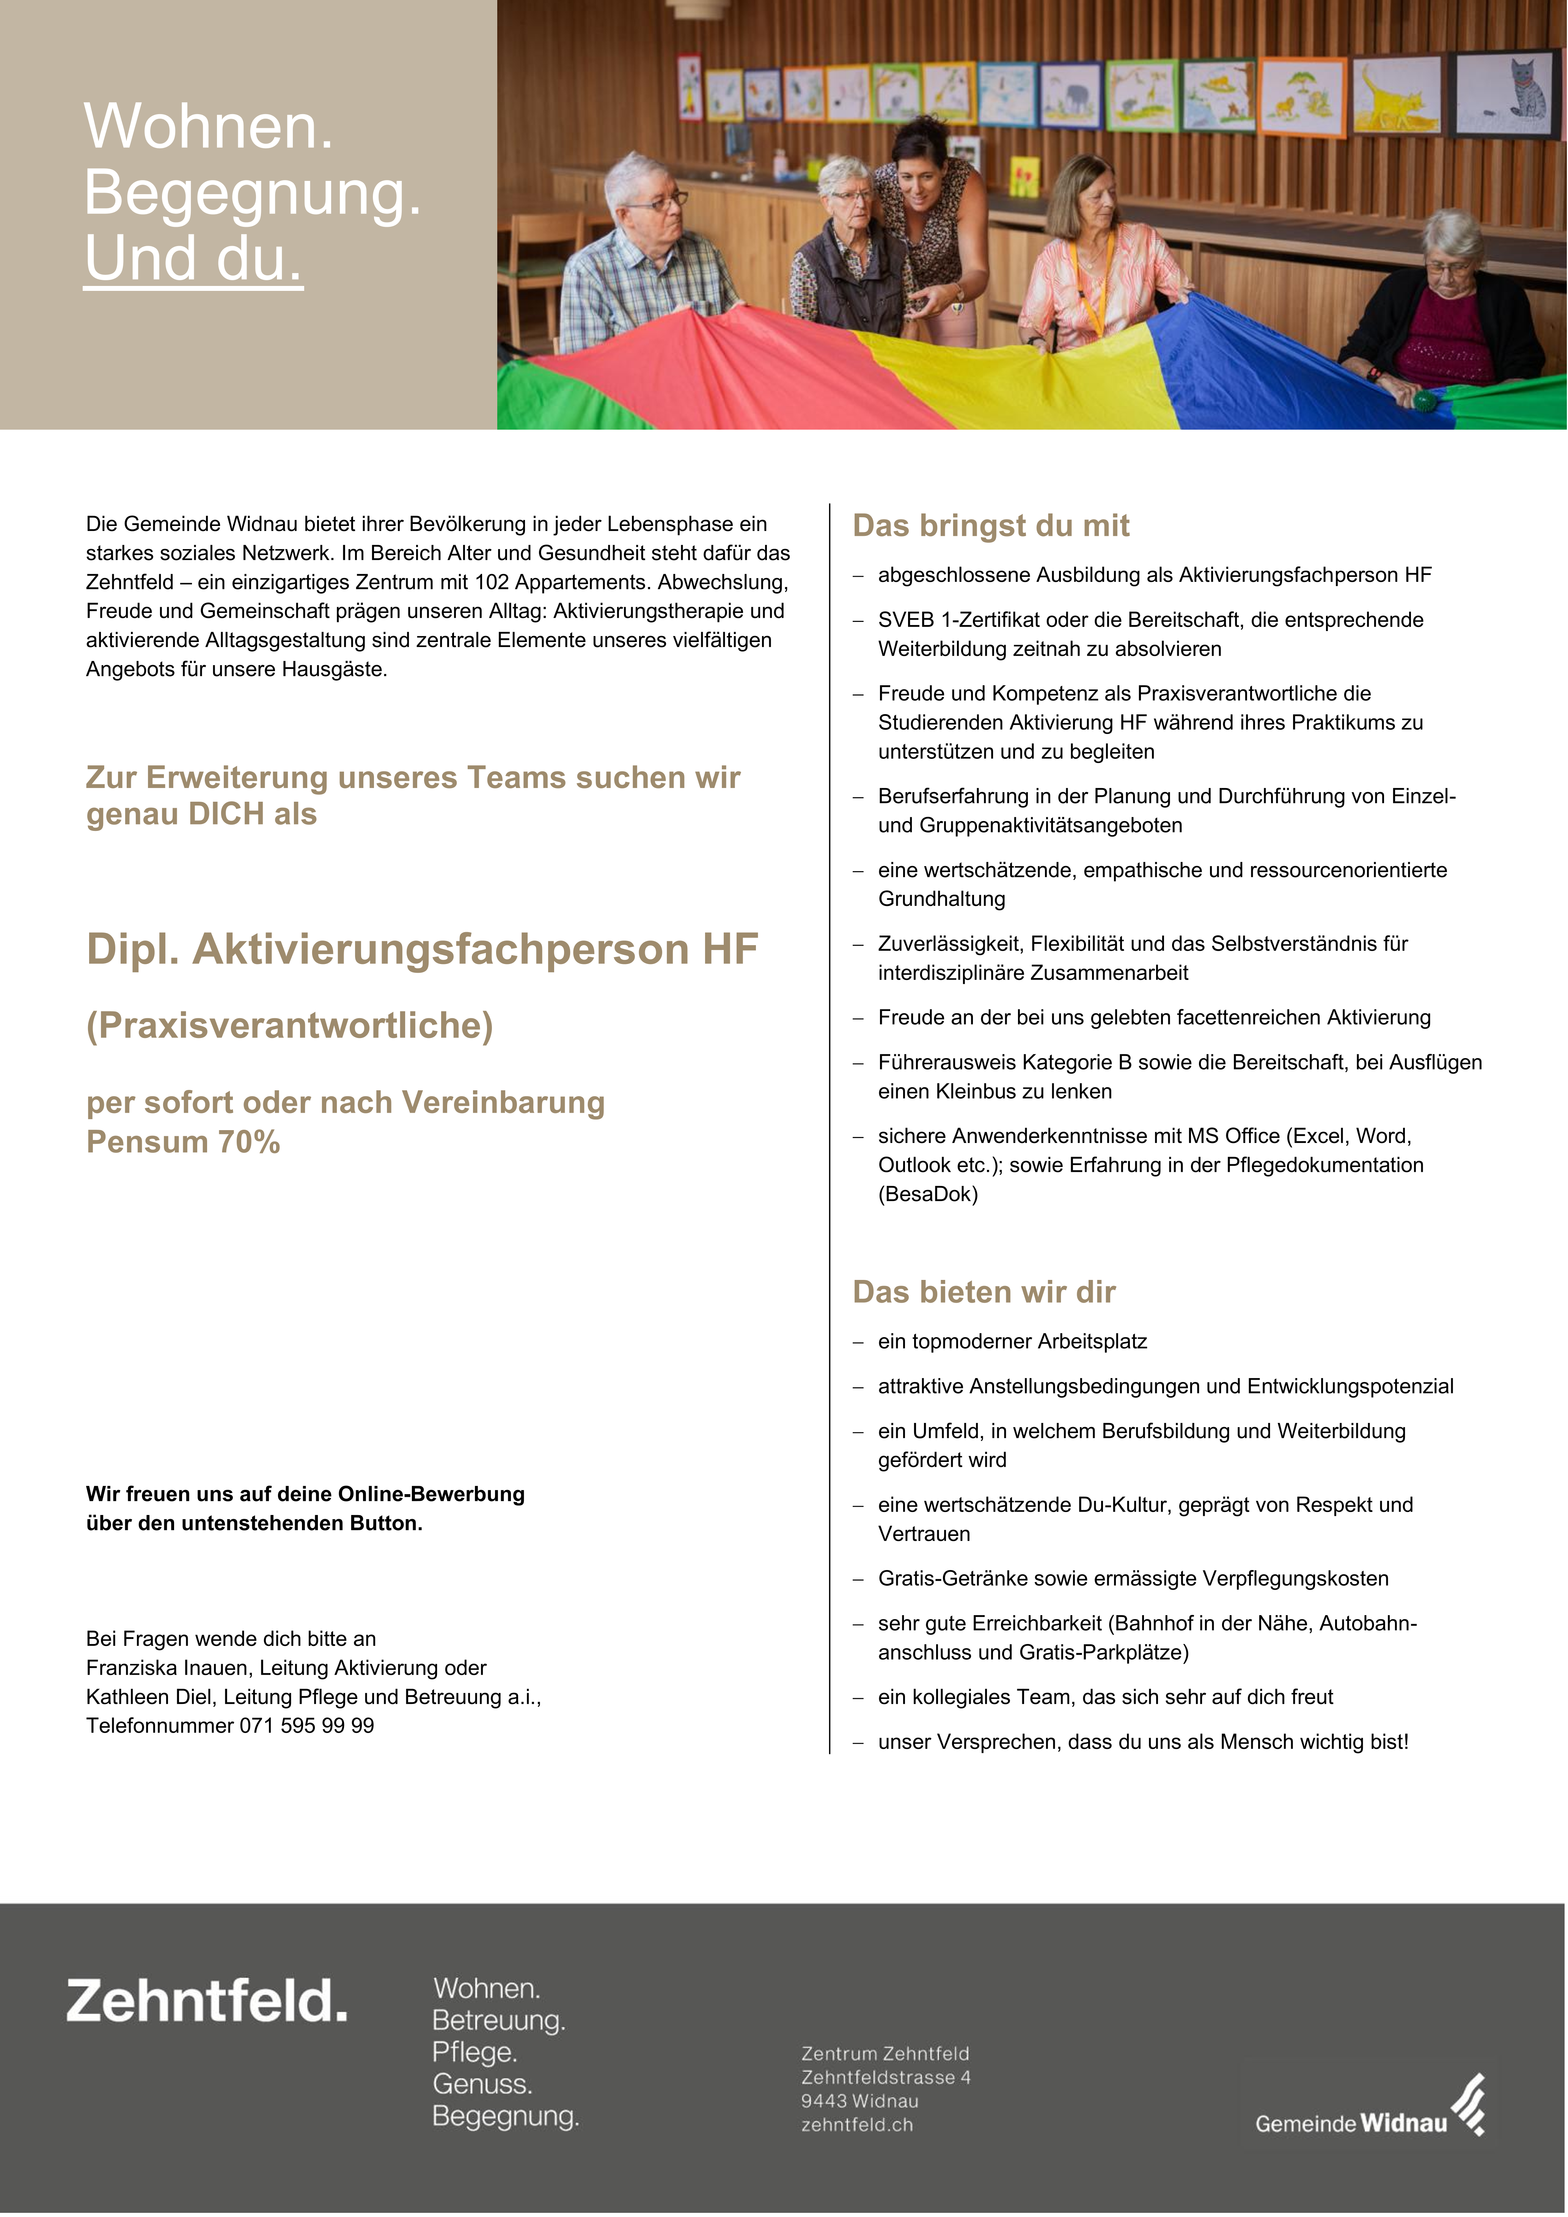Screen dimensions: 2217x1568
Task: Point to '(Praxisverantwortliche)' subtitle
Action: [x=290, y=1025]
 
